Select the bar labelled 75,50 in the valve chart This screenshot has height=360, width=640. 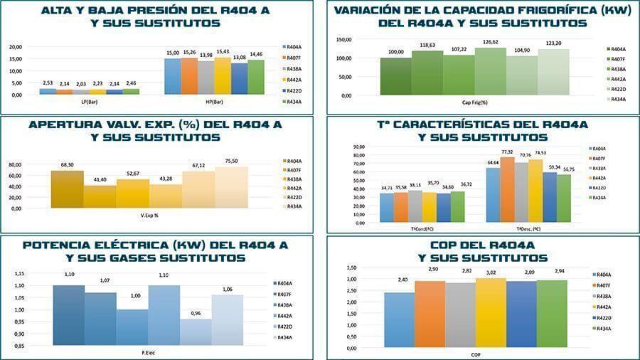click(231, 187)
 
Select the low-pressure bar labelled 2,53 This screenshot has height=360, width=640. click(48, 91)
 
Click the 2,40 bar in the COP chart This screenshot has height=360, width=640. click(398, 320)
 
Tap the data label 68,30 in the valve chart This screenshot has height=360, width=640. click(68, 165)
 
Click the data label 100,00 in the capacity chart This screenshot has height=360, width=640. click(395, 52)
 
